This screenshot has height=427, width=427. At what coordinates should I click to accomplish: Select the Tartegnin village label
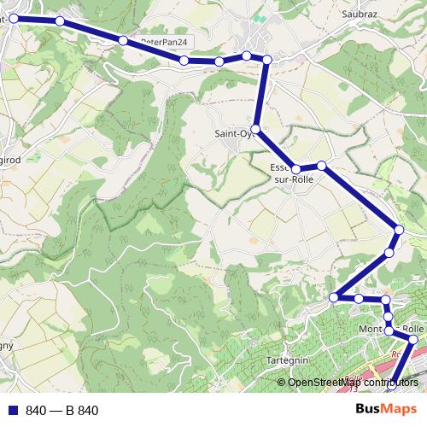tap(287, 360)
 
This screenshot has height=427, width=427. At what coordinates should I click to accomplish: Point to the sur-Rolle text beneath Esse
tap(293, 179)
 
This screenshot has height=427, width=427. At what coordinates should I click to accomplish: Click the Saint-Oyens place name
tap(232, 132)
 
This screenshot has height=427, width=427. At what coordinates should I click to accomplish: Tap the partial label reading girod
tap(10, 158)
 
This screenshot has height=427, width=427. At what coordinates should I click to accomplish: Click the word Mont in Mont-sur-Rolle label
tap(369, 329)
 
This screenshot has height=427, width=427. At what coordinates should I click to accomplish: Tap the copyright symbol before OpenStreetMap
tap(282, 382)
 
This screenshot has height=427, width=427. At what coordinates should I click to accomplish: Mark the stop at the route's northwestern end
tap(14, 17)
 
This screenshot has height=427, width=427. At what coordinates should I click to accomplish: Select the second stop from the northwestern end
tap(59, 20)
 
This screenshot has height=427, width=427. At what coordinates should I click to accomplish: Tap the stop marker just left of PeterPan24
tap(124, 40)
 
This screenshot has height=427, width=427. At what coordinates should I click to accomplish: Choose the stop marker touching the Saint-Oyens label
tap(254, 128)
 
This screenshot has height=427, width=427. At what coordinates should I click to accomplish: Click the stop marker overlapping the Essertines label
tap(295, 169)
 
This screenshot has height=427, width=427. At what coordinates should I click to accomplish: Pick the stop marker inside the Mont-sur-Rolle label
tap(389, 330)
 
